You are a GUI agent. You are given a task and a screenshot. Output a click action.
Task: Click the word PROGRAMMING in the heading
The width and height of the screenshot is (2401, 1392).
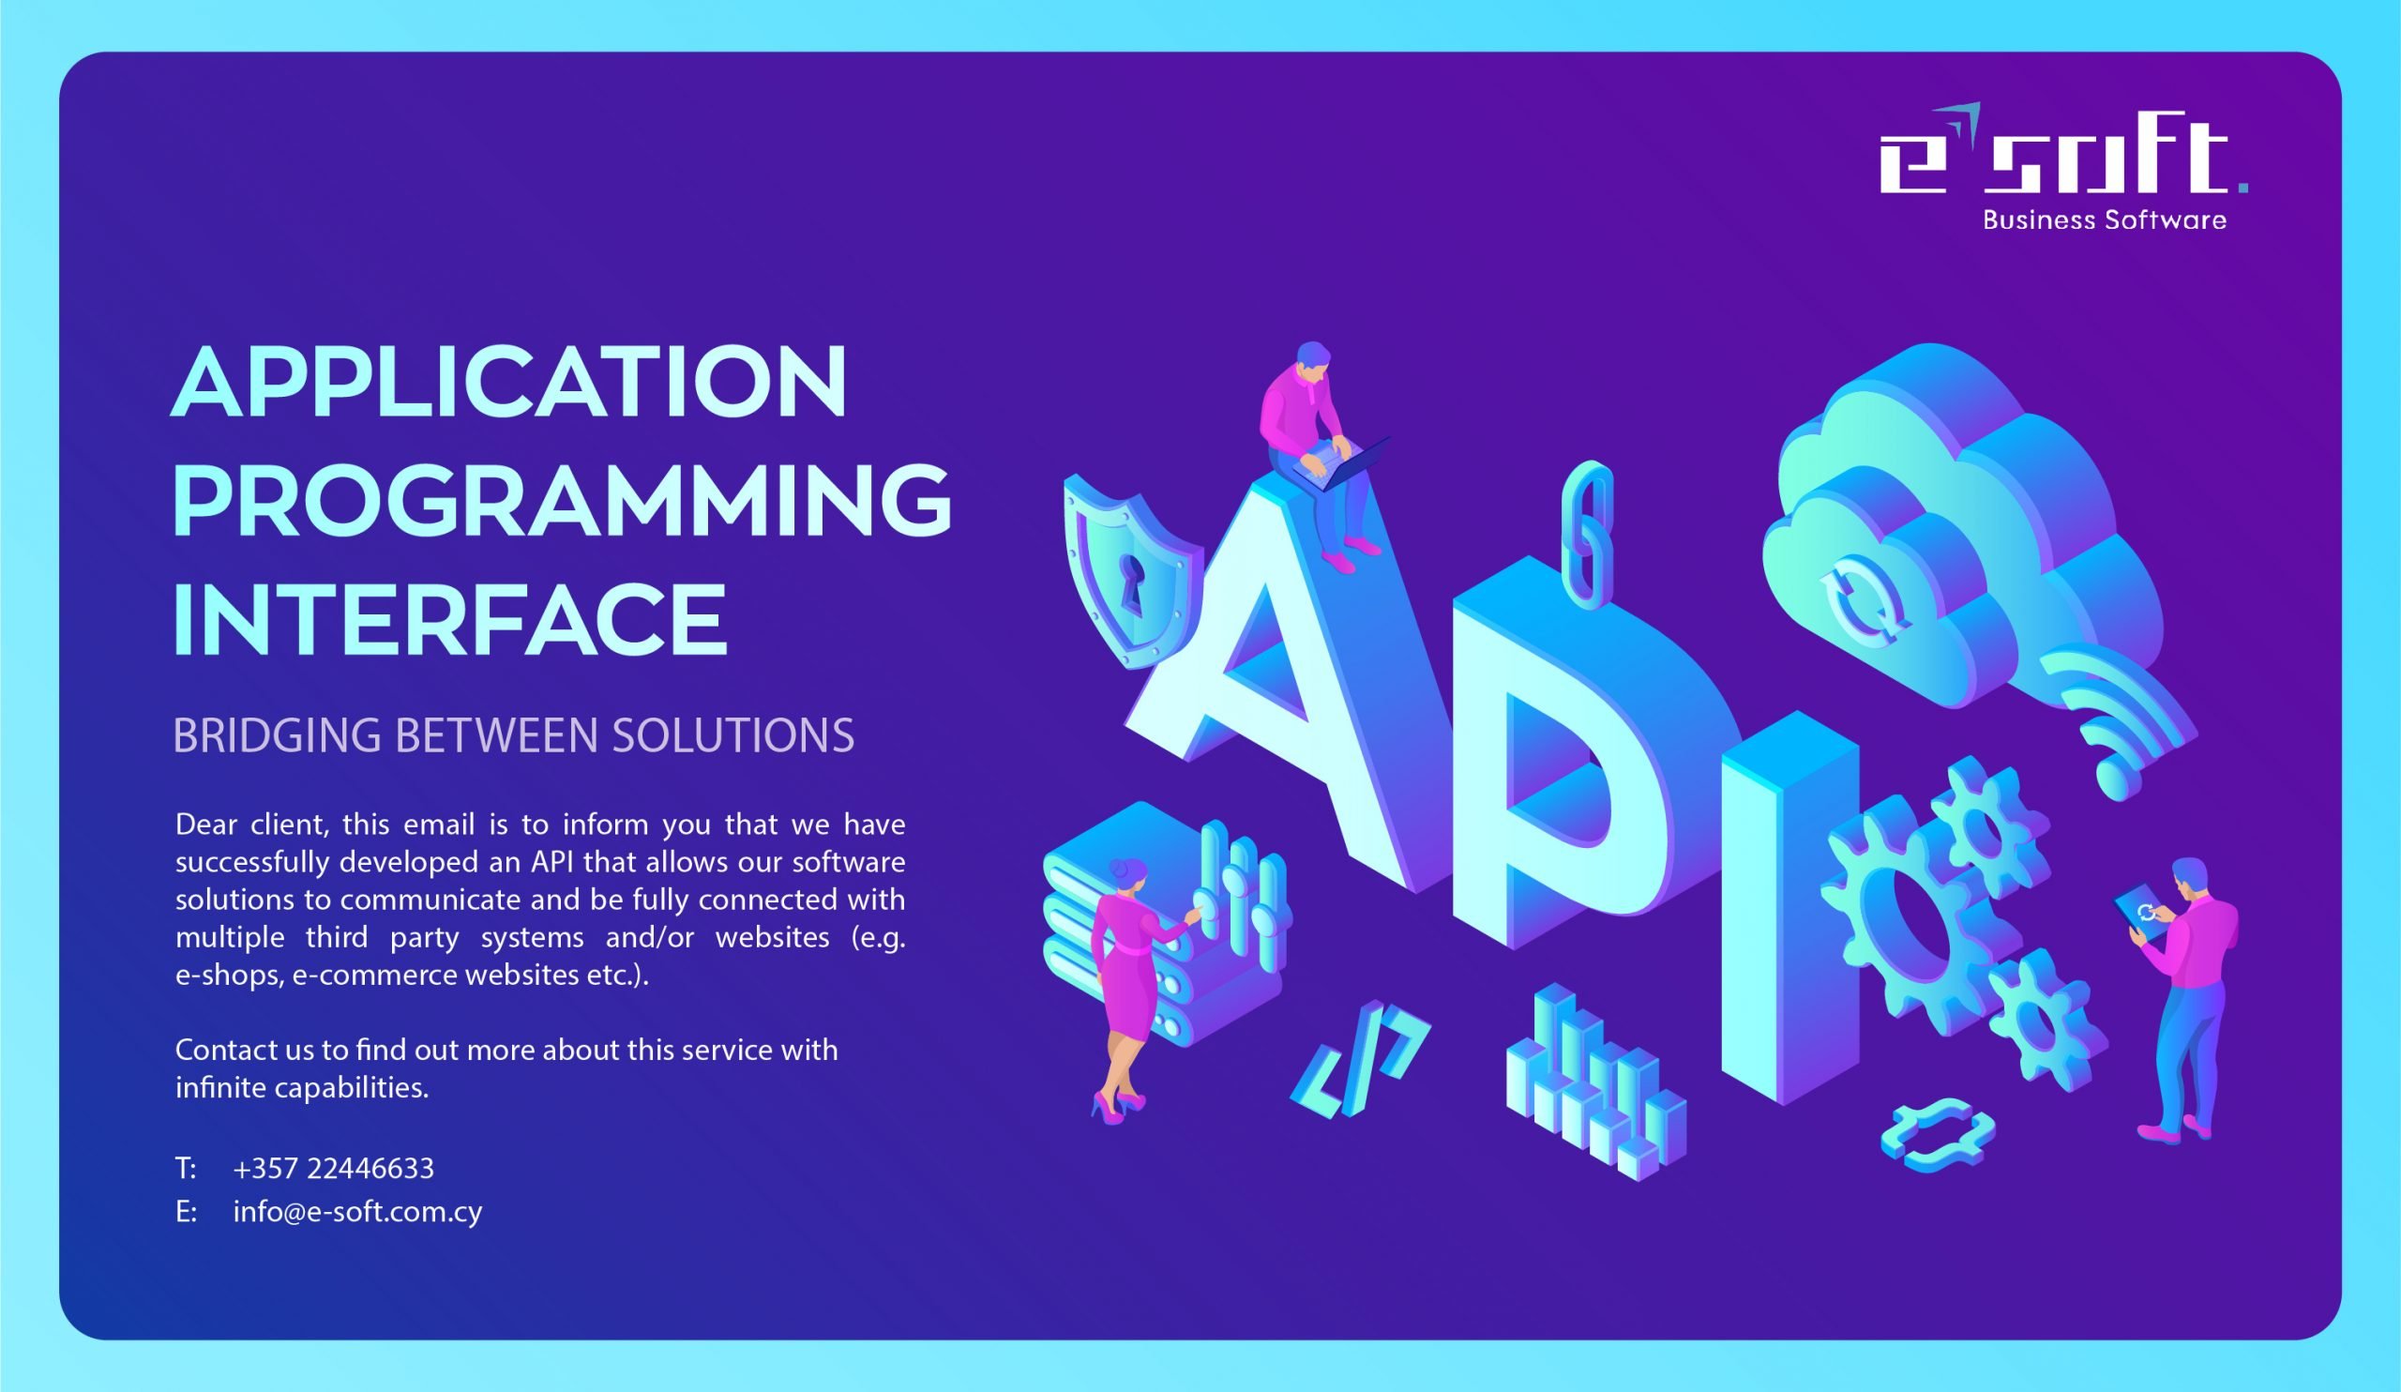[x=562, y=501]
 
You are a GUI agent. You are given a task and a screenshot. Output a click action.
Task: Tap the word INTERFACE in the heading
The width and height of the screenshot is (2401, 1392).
[x=449, y=619]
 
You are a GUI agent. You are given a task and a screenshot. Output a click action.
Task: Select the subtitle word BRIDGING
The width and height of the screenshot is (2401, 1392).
[x=279, y=735]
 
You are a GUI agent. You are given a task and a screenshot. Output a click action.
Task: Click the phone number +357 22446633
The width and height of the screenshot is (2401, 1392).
[x=334, y=1168]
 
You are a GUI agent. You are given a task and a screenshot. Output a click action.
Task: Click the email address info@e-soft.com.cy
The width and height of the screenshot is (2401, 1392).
[x=357, y=1212]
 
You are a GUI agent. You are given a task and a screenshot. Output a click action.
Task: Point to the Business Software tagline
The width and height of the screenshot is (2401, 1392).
[x=2105, y=220]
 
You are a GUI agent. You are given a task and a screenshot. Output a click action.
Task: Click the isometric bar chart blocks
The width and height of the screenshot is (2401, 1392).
[x=1595, y=1082]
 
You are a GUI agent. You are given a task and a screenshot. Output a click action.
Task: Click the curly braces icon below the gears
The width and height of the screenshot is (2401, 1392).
[x=1938, y=1134]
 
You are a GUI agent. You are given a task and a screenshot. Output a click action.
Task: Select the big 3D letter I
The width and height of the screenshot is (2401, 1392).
[x=1789, y=907]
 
